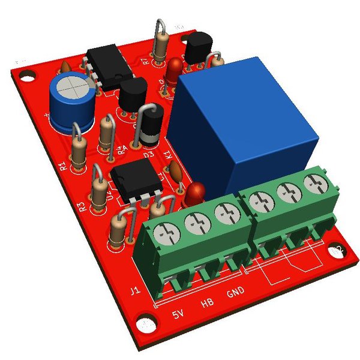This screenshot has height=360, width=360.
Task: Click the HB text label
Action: [x=207, y=304]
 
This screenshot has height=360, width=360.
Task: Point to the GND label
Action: [x=235, y=293]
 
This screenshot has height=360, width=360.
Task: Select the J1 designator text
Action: [x=136, y=292]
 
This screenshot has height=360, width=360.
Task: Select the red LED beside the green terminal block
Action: [x=194, y=193]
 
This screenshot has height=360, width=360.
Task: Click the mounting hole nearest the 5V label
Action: [x=146, y=325]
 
